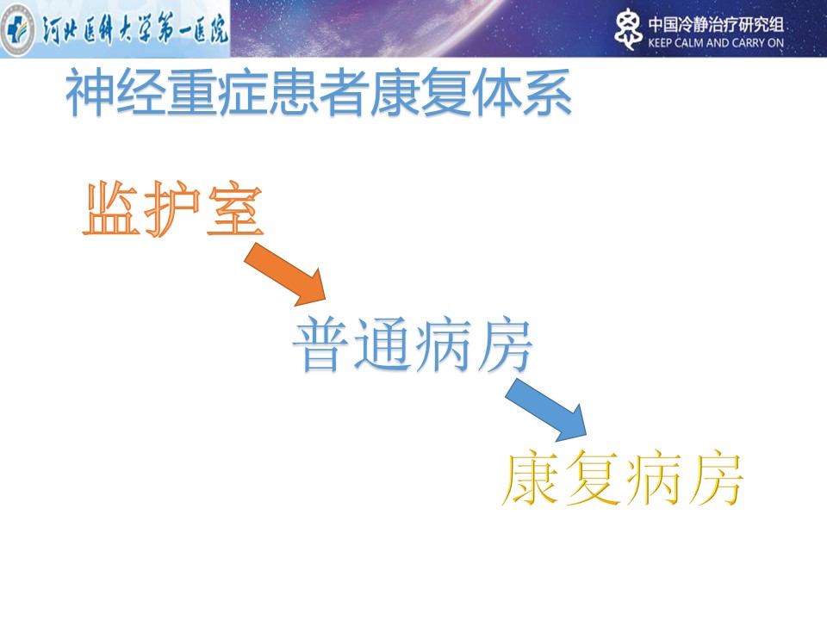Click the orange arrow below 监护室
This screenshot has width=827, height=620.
(x=285, y=275)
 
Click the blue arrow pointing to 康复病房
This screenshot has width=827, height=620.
(x=546, y=410)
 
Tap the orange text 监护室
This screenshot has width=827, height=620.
(x=173, y=208)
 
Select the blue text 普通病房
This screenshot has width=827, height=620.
(x=413, y=344)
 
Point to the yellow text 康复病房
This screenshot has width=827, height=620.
(x=622, y=478)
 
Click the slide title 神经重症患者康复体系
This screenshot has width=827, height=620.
(x=319, y=92)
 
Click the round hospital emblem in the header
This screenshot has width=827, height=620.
(x=17, y=29)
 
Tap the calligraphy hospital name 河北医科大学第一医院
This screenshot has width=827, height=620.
(x=135, y=28)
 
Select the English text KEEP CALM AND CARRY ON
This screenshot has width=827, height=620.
(x=716, y=43)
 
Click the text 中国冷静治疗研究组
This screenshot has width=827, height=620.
(x=716, y=25)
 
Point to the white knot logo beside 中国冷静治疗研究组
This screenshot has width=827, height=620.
(x=628, y=29)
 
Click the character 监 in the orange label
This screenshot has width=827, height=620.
(x=111, y=208)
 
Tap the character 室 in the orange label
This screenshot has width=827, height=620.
(x=235, y=210)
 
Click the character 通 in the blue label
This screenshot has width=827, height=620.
(x=382, y=344)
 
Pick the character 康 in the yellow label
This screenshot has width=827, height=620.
(x=530, y=478)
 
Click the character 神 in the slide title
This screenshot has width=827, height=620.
(x=90, y=93)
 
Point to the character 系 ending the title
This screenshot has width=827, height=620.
(x=548, y=93)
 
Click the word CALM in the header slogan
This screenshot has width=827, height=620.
(x=689, y=43)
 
